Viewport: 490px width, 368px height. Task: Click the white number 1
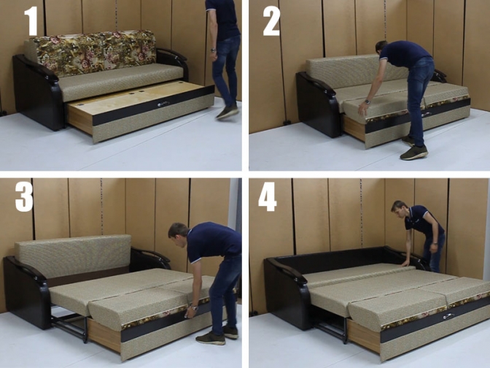[31, 21]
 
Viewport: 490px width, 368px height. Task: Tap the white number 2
[271, 21]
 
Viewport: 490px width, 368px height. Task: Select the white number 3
[24, 197]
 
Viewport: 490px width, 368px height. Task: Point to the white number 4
[267, 196]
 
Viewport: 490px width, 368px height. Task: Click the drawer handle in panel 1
[163, 104]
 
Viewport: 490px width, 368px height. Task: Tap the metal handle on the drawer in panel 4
[448, 316]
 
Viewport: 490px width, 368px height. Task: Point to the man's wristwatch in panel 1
[213, 50]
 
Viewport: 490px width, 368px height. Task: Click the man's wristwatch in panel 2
[367, 101]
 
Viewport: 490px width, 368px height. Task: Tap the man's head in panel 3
[178, 234]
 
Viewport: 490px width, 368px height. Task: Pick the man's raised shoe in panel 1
[227, 112]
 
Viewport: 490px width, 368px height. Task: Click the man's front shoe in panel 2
[413, 153]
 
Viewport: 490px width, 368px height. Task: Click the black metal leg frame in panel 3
[70, 326]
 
